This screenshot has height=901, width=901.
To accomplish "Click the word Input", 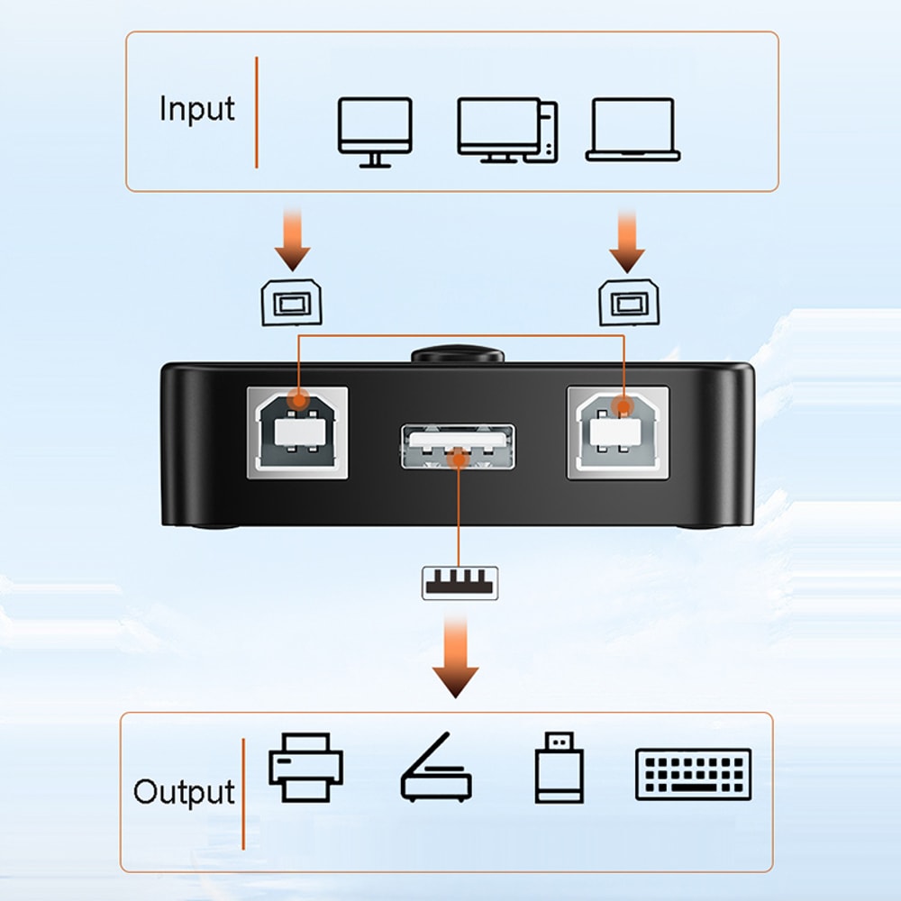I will point(196,108).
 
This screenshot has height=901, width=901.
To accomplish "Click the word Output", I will point(184,792).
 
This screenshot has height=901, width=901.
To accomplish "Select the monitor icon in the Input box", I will point(375,132).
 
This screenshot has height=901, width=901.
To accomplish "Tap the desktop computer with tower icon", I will point(506,130).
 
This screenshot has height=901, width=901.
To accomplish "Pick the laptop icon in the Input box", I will point(633,130).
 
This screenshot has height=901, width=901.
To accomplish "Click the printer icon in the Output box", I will point(305,767).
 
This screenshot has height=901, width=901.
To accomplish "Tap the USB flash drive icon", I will point(558,767).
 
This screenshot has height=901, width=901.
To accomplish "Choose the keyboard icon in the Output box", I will point(693,774).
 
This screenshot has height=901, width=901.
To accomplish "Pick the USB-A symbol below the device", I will point(460,582).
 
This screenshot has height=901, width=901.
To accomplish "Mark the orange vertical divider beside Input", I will point(257,112).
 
